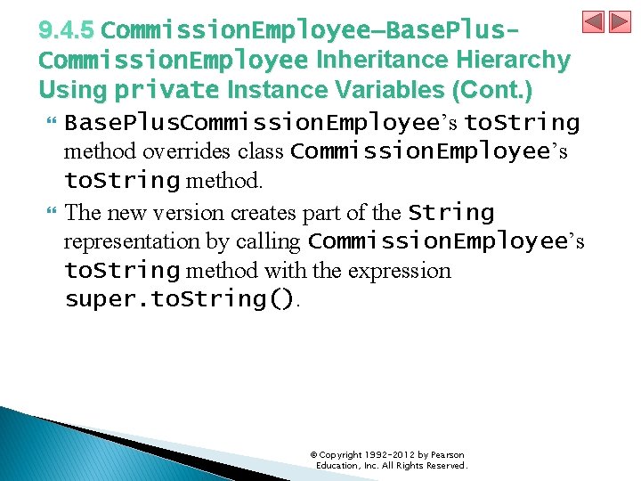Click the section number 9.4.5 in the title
click(66, 30)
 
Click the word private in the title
click(167, 90)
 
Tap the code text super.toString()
click(180, 299)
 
